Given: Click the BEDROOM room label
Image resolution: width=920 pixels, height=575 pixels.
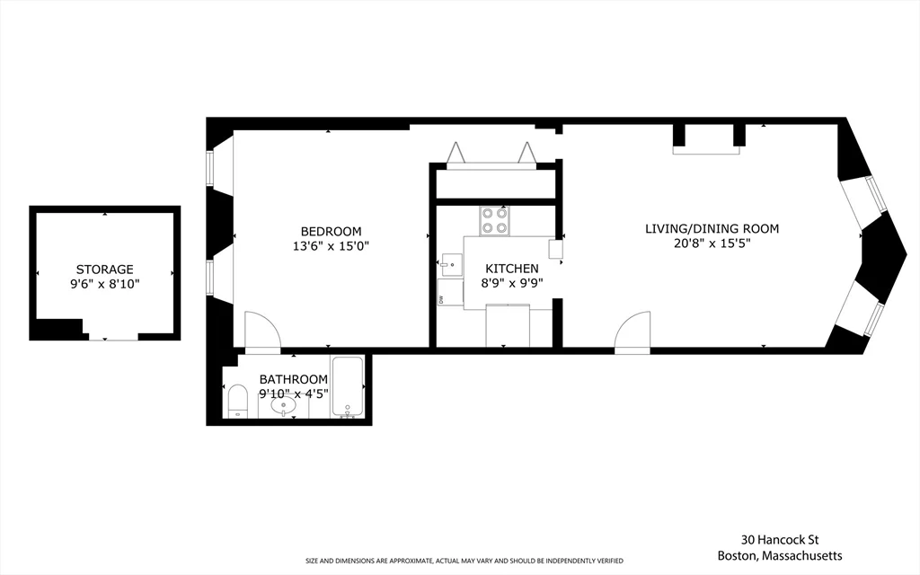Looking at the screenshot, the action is (x=331, y=231).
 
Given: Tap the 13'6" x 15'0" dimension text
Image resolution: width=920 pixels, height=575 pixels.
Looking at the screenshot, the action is (x=331, y=246).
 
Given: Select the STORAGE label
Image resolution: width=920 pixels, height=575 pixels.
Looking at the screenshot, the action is (x=105, y=270).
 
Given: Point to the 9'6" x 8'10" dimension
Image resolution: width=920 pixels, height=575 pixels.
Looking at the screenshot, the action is (x=105, y=285).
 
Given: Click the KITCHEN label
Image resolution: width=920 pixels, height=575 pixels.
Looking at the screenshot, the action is (x=511, y=269).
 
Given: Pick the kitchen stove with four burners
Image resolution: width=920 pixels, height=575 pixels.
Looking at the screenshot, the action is (x=495, y=221).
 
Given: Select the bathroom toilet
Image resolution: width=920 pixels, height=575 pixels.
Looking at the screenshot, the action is (x=237, y=401).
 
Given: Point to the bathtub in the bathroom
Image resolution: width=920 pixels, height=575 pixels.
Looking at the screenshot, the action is (x=348, y=386).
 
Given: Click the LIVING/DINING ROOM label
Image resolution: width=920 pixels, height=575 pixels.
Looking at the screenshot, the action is (x=712, y=229).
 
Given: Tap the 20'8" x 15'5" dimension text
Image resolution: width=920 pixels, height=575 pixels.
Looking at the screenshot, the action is (x=712, y=243).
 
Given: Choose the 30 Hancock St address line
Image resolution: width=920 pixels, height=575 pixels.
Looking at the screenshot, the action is (x=780, y=540).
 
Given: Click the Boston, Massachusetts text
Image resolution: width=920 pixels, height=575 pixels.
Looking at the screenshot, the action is (x=780, y=555).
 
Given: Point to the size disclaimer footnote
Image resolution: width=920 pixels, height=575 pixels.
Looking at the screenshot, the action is (x=464, y=561).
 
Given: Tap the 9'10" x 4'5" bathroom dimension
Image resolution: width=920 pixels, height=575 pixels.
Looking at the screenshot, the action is (x=294, y=394).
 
